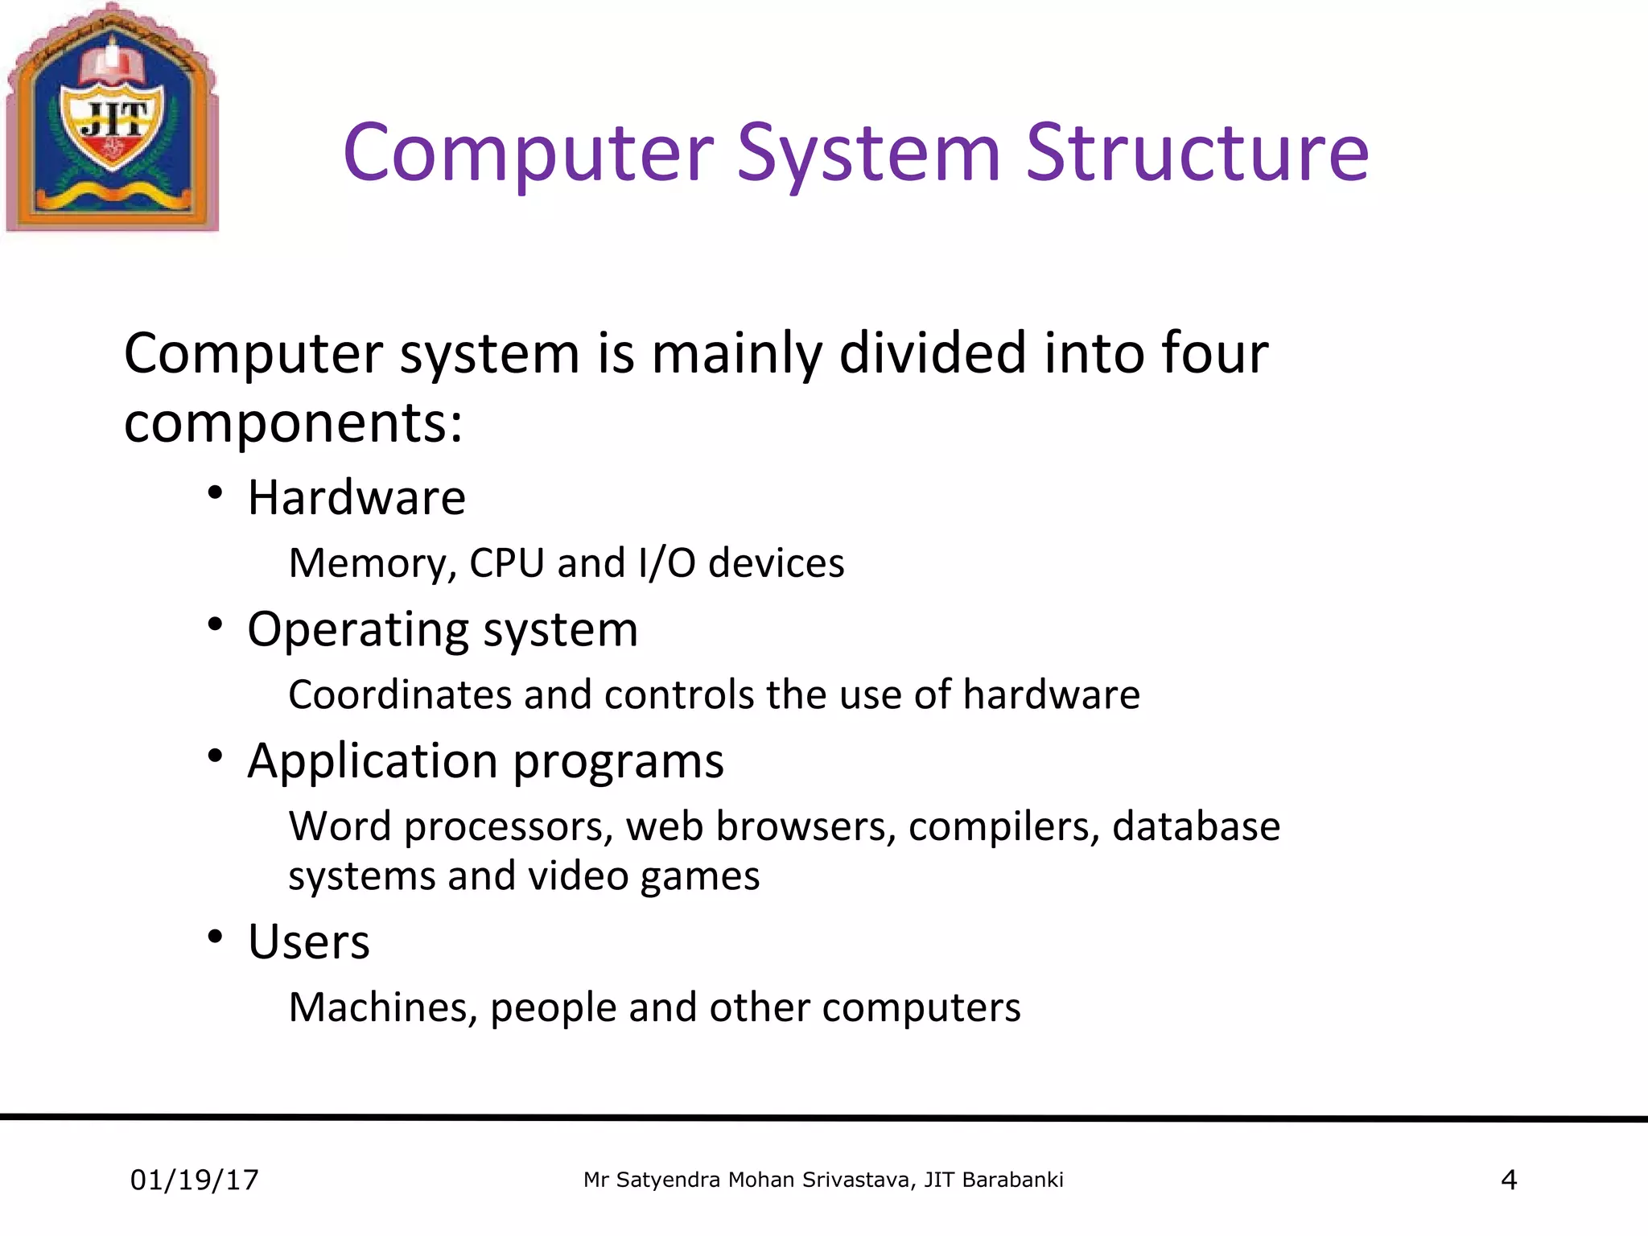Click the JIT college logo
(x=113, y=119)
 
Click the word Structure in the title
(x=1197, y=153)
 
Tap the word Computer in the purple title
(x=528, y=153)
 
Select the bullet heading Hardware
(x=356, y=497)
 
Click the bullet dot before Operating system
(x=214, y=624)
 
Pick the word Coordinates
(x=399, y=694)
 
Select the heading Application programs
(x=485, y=760)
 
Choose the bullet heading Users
(x=309, y=941)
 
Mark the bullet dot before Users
(x=214, y=937)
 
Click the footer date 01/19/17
(x=195, y=1180)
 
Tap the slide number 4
(x=1509, y=1180)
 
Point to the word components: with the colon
(x=294, y=422)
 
